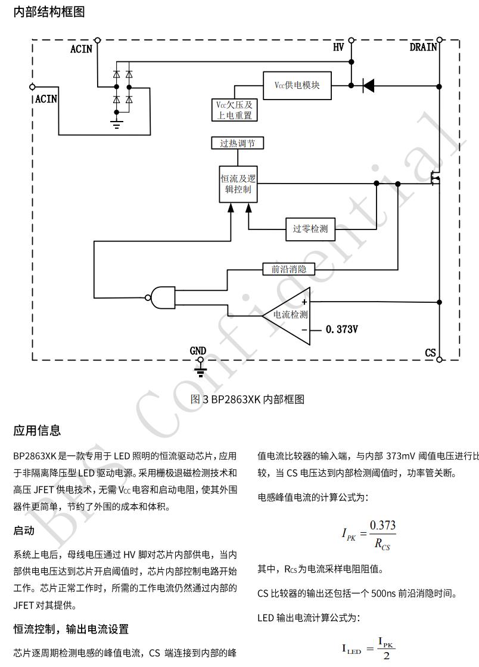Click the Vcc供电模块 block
pyautogui.click(x=297, y=85)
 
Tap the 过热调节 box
pyautogui.click(x=237, y=143)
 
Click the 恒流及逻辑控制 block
pyautogui.click(x=238, y=184)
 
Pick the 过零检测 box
pyautogui.click(x=310, y=229)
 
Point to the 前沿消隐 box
pyautogui.click(x=288, y=269)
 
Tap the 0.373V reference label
pyautogui.click(x=342, y=329)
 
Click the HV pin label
pyautogui.click(x=338, y=48)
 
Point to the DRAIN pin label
pyautogui.click(x=423, y=48)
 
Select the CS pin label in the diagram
pyautogui.click(x=430, y=353)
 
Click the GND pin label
pyautogui.click(x=198, y=351)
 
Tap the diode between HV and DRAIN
pyautogui.click(x=368, y=86)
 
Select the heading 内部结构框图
pyautogui.click(x=49, y=12)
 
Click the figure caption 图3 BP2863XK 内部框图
pyautogui.click(x=247, y=399)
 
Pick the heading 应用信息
pyautogui.click(x=37, y=430)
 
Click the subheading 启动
pyautogui.click(x=24, y=530)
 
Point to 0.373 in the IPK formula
pyautogui.click(x=382, y=525)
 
